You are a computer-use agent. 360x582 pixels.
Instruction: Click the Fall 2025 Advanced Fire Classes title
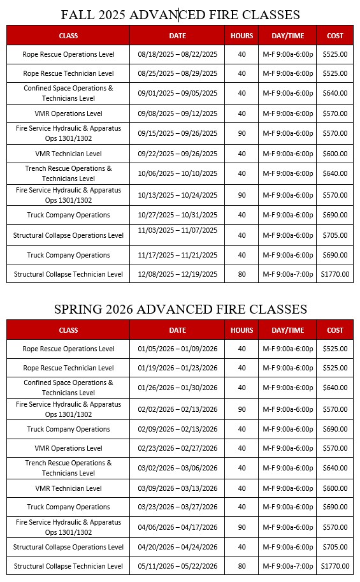click(180, 14)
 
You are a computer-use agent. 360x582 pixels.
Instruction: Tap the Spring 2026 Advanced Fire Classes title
click(180, 309)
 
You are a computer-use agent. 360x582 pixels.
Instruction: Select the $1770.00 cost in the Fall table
click(335, 274)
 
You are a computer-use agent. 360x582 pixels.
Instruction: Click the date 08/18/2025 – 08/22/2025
click(177, 54)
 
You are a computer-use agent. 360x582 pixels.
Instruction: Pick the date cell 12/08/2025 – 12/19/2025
click(177, 274)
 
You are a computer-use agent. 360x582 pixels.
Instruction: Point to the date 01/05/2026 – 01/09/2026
click(177, 349)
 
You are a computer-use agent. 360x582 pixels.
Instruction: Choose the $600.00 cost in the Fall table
click(335, 154)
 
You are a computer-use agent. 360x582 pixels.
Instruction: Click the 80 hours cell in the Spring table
click(241, 565)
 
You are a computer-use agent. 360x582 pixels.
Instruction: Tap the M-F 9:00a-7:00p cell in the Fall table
click(288, 274)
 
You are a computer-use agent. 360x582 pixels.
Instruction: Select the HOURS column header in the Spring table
click(241, 330)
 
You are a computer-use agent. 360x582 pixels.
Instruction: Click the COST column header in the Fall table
click(335, 36)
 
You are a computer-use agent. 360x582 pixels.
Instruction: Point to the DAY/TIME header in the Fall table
click(288, 36)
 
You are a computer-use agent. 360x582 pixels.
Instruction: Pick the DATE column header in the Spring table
click(177, 330)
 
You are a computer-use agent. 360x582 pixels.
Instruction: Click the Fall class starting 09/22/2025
click(68, 154)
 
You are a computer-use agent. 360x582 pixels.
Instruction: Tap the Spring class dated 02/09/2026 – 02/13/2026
click(68, 429)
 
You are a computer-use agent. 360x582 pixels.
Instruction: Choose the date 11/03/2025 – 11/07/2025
click(177, 230)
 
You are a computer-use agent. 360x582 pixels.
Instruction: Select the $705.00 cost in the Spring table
click(335, 547)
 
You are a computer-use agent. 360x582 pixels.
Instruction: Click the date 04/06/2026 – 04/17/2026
click(177, 527)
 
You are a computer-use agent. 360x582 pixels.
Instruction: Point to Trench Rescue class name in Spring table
click(68, 468)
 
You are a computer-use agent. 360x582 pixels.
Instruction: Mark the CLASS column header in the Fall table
click(68, 36)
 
